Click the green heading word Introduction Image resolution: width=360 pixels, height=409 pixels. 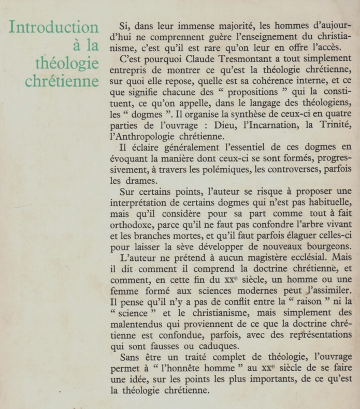tap(54, 27)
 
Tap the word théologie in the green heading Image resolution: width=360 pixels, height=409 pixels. tap(67, 64)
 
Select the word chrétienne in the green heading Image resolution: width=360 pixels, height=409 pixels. tap(62, 82)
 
